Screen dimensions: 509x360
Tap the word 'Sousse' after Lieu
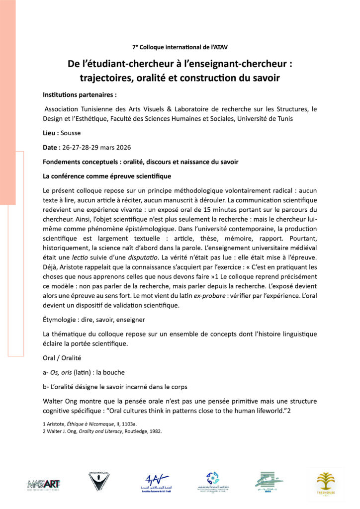point(70,134)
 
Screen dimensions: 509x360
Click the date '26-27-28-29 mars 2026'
point(97,148)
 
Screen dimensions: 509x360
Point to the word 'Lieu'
point(50,134)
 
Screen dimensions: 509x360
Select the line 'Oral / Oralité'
point(62,357)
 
